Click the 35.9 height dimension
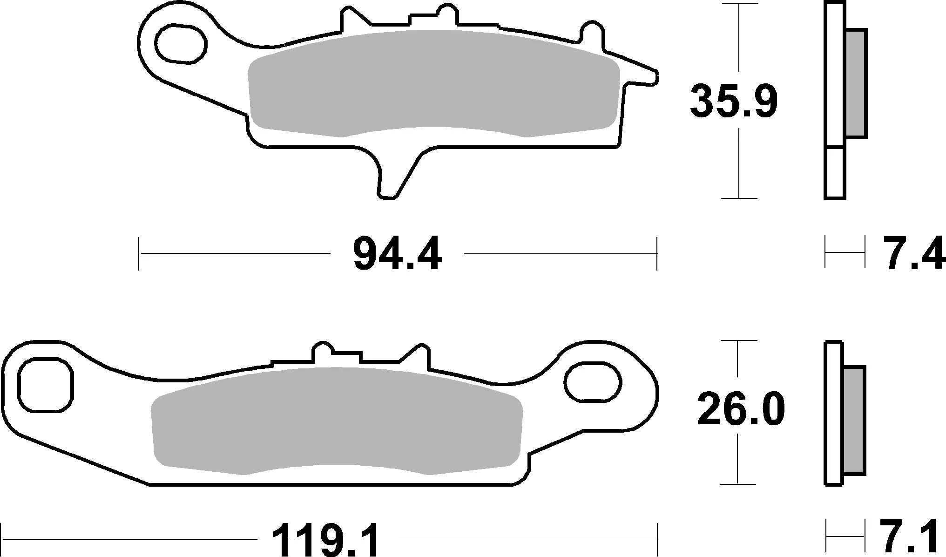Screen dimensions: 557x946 point(733,102)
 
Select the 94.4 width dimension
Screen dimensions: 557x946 point(397,254)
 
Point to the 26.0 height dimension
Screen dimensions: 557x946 point(740,409)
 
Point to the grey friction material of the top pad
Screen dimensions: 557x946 point(433,84)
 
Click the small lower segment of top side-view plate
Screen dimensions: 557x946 point(835,173)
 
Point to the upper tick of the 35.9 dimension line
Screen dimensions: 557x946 point(739,4)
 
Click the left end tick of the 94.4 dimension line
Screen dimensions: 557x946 point(139,254)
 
